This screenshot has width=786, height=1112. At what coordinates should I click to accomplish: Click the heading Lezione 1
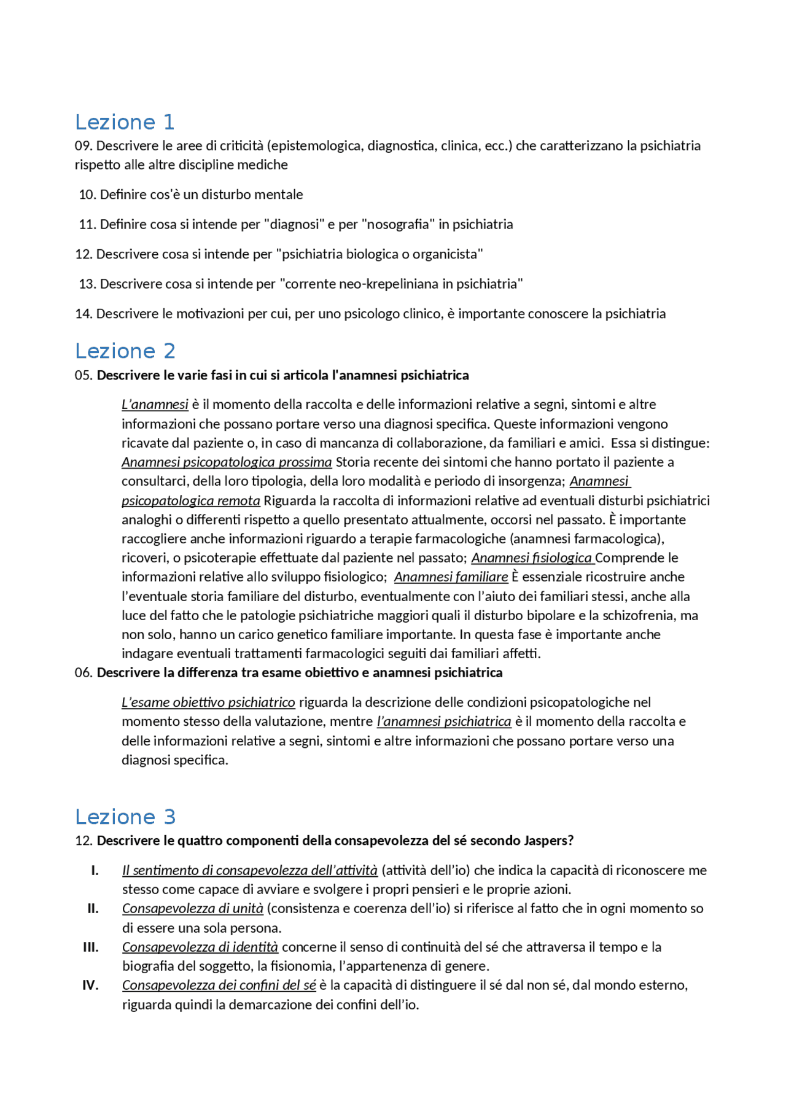125,122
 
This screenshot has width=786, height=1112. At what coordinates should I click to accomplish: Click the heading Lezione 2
125,351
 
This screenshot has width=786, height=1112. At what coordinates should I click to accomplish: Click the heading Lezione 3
125,817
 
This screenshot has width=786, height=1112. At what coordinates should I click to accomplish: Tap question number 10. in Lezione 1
87,195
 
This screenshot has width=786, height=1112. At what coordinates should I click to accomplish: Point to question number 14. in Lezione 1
84,314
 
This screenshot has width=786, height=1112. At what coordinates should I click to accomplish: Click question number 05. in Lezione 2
84,375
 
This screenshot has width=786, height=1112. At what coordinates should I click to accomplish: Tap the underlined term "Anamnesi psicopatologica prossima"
227,462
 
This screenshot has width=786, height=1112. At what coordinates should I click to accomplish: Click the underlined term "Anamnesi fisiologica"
532,558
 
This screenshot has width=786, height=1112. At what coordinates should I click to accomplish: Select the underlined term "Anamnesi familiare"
451,577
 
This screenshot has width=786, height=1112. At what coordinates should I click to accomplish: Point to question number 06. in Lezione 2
84,672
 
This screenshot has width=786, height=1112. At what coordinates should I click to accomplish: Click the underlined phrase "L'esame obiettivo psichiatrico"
208,702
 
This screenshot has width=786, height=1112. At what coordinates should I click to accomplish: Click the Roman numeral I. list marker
95,870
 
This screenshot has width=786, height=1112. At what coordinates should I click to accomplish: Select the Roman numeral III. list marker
90,947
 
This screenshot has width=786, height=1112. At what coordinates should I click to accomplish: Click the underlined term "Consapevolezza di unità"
192,908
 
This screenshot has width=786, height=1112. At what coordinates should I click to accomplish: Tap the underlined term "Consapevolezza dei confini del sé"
219,985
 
